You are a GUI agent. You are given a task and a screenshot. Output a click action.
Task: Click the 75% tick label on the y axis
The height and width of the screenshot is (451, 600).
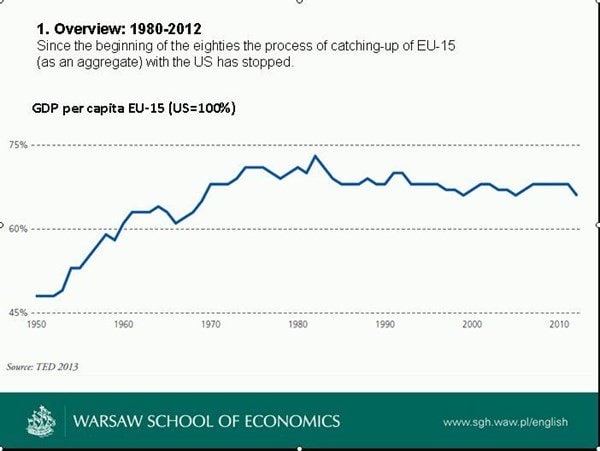pyautogui.click(x=18, y=145)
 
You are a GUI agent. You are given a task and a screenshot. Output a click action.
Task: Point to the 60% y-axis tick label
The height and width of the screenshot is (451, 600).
pyautogui.click(x=18, y=229)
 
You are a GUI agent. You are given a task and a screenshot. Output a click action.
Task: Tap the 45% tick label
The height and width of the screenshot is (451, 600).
pyautogui.click(x=18, y=313)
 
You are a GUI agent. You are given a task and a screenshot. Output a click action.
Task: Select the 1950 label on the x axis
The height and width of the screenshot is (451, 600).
pyautogui.click(x=36, y=325)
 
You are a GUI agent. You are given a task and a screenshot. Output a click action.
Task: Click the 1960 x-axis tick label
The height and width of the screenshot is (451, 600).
pyautogui.click(x=123, y=325)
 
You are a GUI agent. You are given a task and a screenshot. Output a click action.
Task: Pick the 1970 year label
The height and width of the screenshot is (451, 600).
pyautogui.click(x=210, y=325)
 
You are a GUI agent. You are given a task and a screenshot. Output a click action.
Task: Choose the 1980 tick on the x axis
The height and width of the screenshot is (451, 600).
pyautogui.click(x=297, y=325)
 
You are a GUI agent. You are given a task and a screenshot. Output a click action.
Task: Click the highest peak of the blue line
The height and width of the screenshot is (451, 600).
pyautogui.click(x=316, y=156)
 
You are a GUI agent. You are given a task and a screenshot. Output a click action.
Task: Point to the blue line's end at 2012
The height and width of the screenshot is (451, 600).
pyautogui.click(x=576, y=194)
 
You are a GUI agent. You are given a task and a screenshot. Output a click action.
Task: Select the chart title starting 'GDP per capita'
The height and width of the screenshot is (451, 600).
pyautogui.click(x=135, y=107)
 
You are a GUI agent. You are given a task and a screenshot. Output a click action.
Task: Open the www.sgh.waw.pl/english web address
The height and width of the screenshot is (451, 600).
pyautogui.click(x=505, y=422)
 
